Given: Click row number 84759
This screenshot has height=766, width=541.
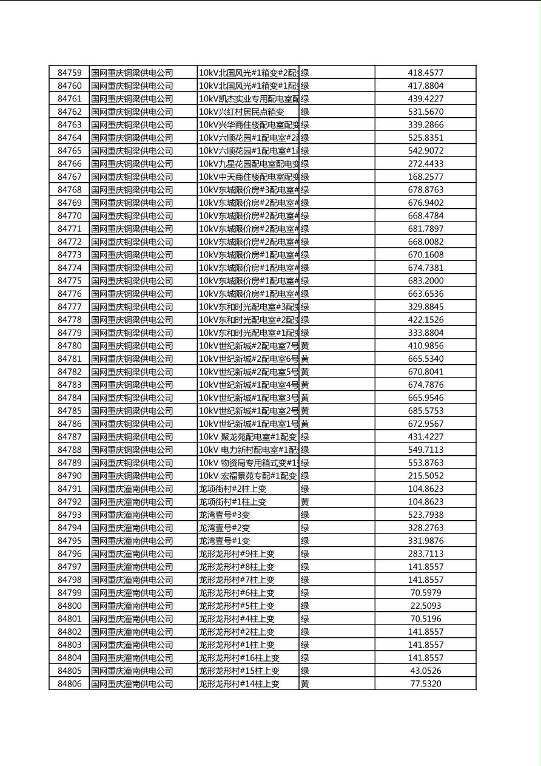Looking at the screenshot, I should (x=69, y=73).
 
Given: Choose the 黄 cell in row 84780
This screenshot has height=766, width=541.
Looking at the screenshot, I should (x=305, y=346).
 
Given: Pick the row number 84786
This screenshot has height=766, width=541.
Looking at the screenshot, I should (x=69, y=424).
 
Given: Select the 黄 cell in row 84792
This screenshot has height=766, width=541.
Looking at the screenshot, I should (x=305, y=502).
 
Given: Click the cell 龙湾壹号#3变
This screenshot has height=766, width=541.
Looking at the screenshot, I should (x=224, y=515).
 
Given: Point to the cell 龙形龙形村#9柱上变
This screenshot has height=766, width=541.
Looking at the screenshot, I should (x=237, y=554).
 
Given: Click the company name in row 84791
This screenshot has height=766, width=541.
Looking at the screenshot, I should (x=132, y=489).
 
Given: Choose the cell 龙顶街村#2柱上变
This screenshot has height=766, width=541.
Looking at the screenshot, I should (x=232, y=489).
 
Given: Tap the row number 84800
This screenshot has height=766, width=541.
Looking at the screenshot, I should (x=69, y=606).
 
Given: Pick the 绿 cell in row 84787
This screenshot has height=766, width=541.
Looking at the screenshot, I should (x=305, y=437).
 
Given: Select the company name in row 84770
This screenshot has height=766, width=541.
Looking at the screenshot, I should (x=132, y=215).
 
